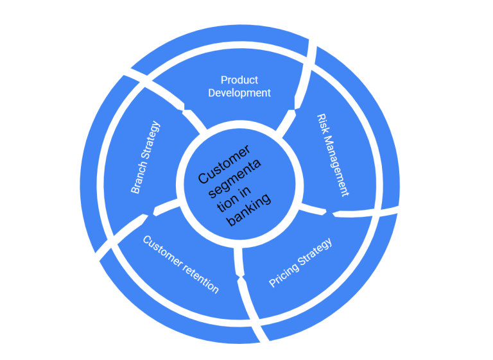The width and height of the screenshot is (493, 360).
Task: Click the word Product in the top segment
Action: tap(239, 80)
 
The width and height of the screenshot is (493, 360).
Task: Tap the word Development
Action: tap(239, 93)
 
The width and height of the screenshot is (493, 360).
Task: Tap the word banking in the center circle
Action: tap(249, 210)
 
